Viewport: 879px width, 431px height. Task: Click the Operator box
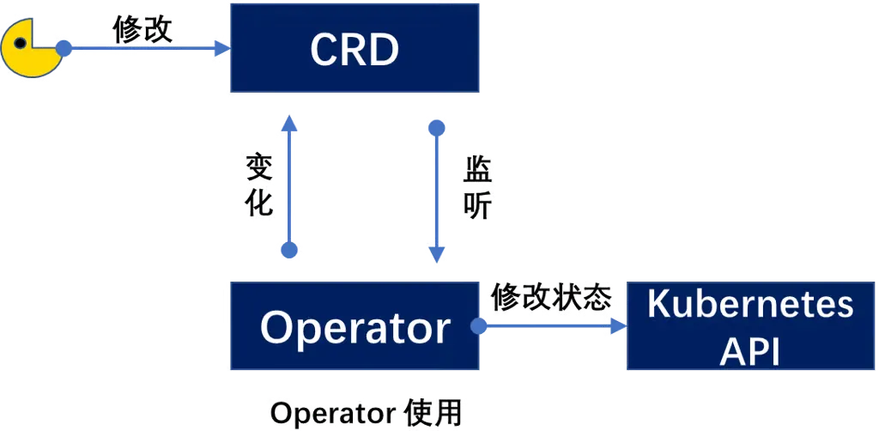354,327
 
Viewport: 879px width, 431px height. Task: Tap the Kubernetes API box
750,327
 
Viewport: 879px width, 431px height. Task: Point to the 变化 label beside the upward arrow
258,185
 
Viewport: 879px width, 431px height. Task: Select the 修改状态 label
551,298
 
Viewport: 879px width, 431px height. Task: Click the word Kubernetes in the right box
750,305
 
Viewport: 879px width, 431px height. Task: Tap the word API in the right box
750,350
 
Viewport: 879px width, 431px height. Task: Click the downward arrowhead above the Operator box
436,254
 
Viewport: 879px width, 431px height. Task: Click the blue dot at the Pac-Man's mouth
63,47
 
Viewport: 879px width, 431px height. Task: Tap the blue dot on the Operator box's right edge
478,326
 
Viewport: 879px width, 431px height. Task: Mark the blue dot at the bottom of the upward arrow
289,250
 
